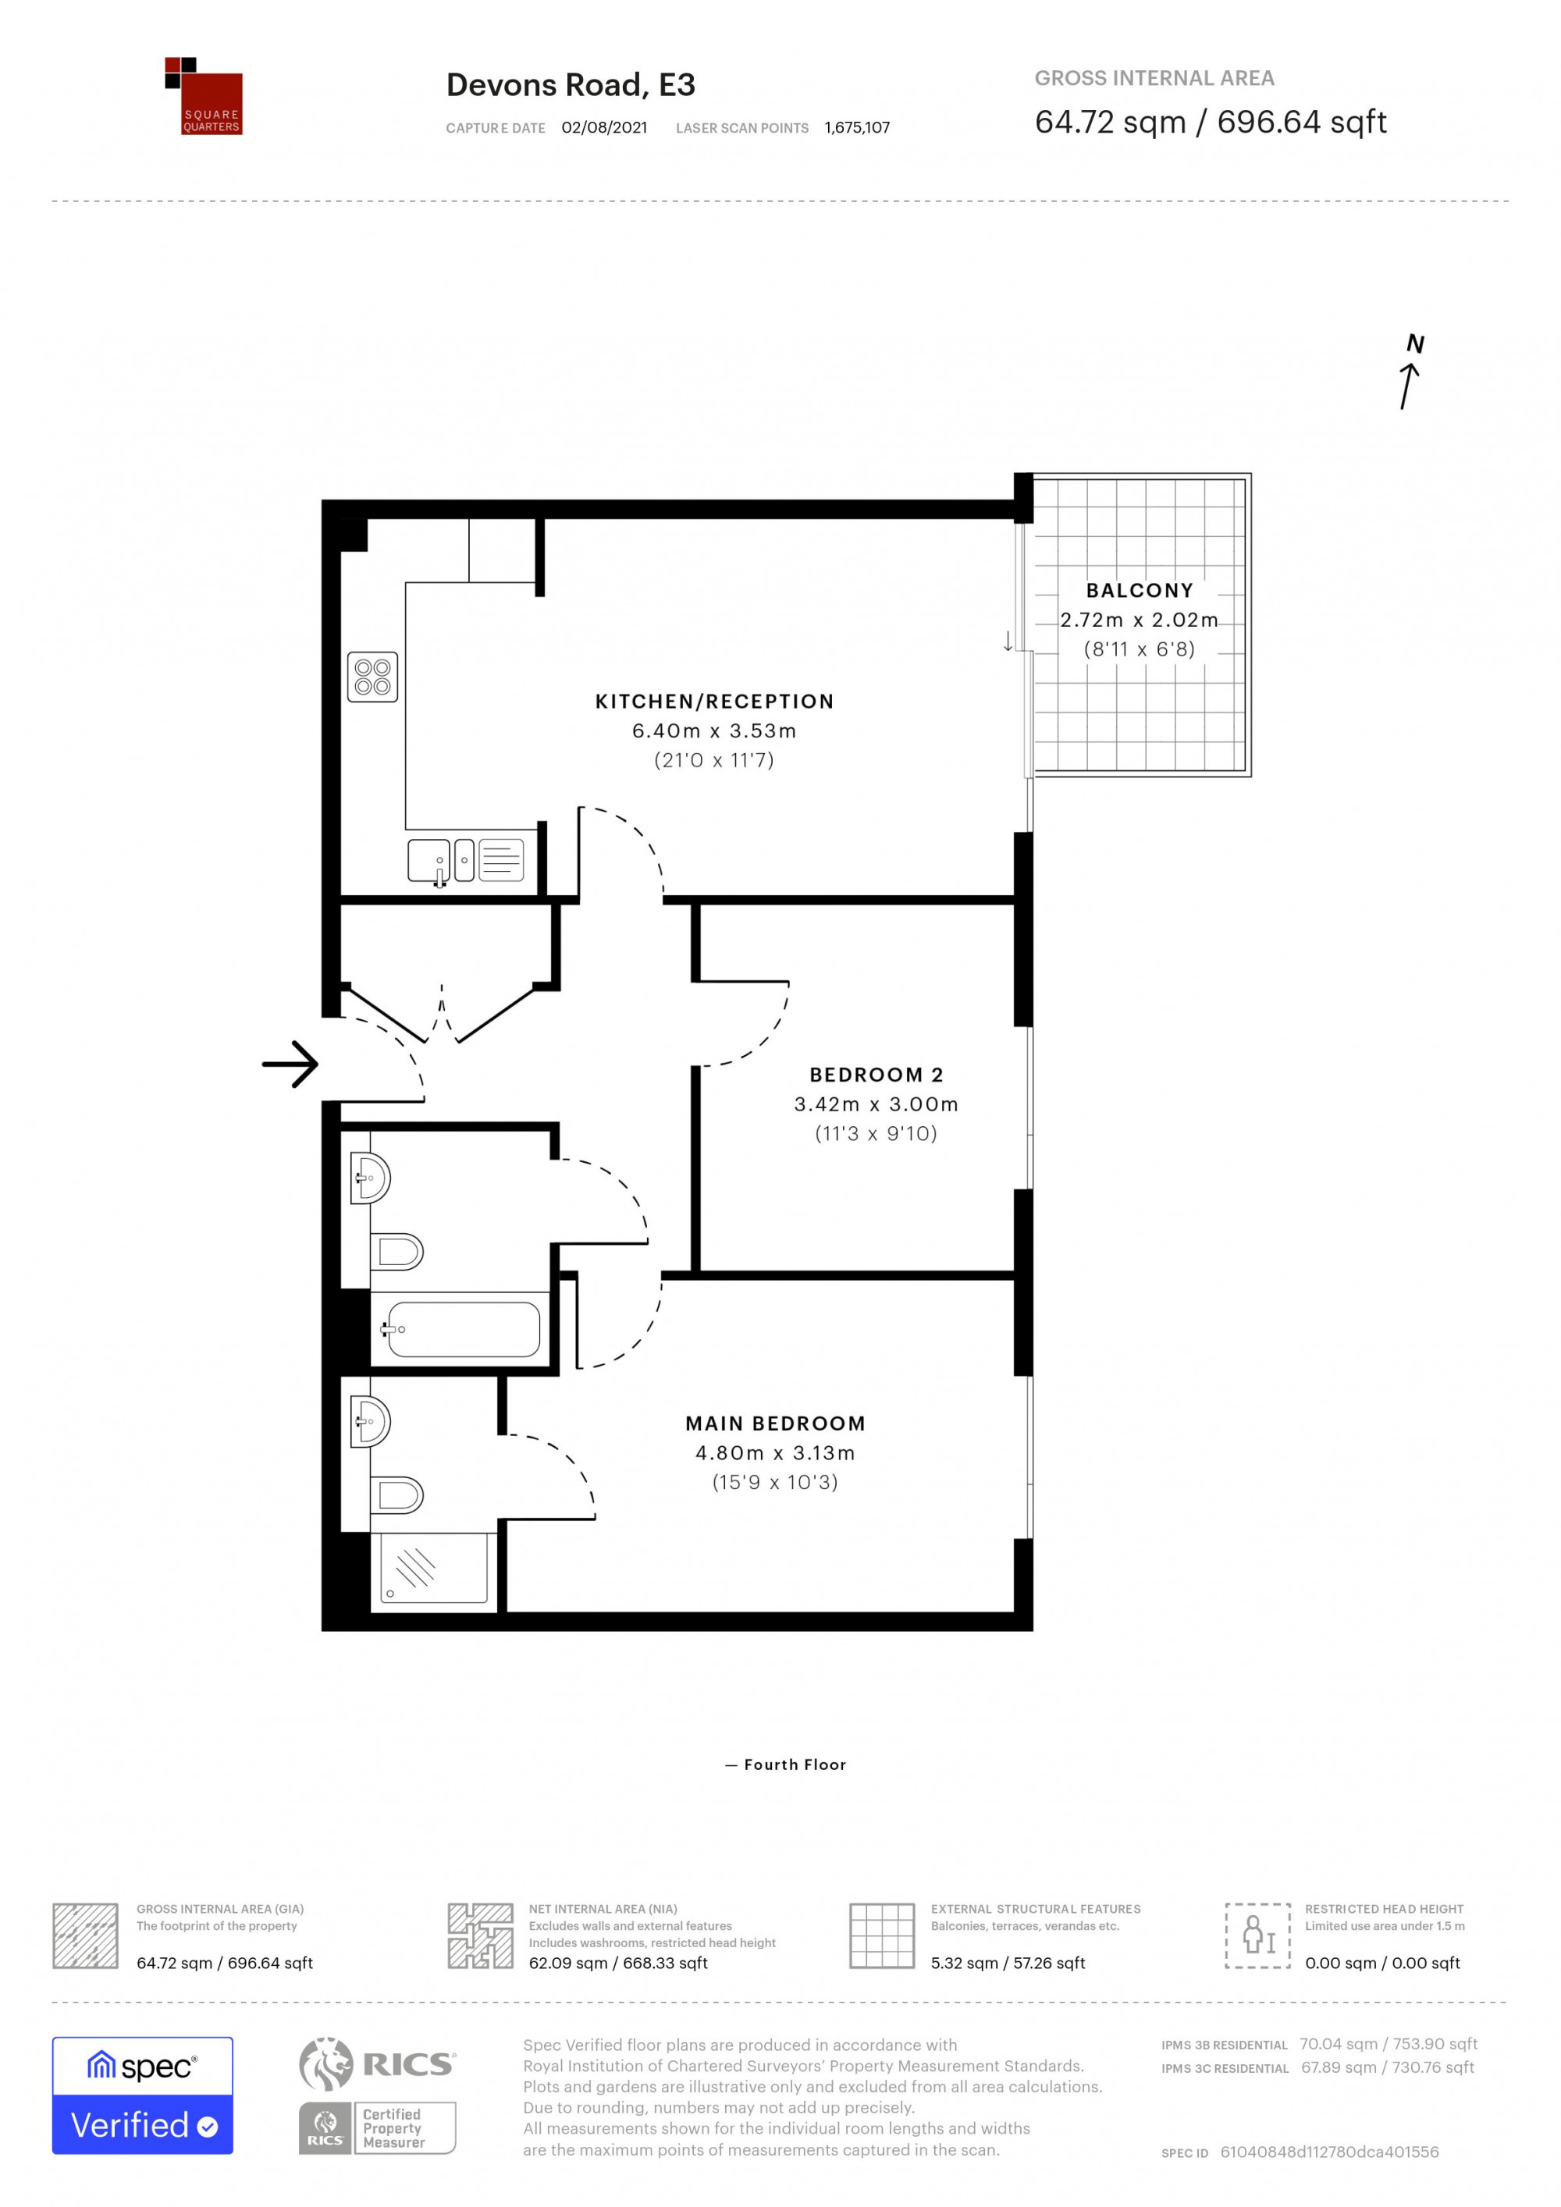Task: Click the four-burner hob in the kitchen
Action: click(x=372, y=677)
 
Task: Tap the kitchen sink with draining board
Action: click(x=465, y=860)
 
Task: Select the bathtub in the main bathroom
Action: click(x=464, y=1329)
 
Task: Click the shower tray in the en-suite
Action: click(x=433, y=1568)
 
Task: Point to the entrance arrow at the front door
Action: click(x=290, y=1064)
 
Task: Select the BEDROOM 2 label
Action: click(x=876, y=1075)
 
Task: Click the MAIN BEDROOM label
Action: click(x=775, y=1423)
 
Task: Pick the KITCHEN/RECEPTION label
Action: click(x=714, y=702)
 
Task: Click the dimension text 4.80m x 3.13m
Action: click(x=775, y=1453)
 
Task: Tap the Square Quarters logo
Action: click(x=203, y=96)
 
